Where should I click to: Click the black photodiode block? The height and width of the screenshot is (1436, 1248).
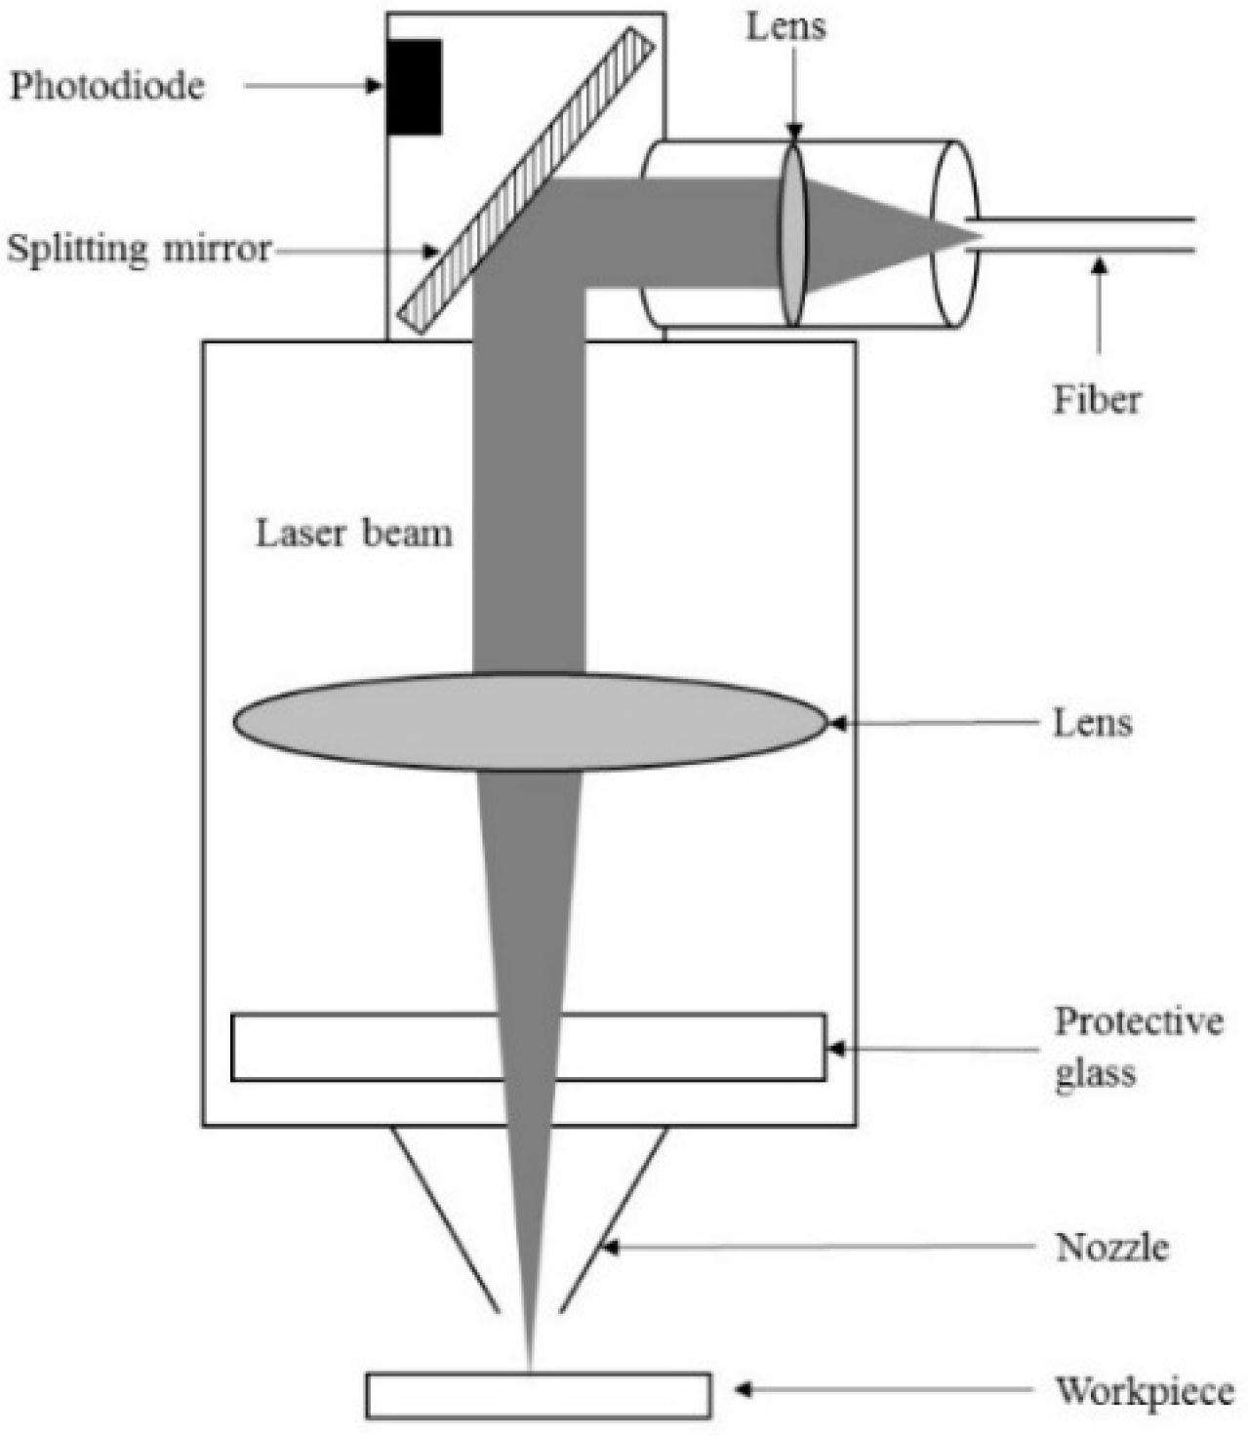(414, 87)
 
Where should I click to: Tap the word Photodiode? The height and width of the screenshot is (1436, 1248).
(107, 87)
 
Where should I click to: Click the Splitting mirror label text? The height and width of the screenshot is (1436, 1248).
(139, 249)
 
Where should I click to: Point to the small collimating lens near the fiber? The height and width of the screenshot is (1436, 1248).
(794, 235)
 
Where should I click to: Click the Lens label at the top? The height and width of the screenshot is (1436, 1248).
(785, 26)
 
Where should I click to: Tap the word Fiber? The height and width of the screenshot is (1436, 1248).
(1097, 399)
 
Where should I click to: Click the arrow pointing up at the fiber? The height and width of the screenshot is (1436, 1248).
(1100, 302)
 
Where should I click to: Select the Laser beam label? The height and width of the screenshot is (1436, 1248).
(354, 534)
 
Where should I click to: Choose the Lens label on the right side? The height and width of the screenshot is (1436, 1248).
(1092, 723)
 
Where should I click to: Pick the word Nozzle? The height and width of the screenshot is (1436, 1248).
(1111, 1247)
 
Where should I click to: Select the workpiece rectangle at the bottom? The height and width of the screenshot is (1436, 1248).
(538, 1395)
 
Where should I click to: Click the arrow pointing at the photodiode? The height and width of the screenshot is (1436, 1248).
(312, 86)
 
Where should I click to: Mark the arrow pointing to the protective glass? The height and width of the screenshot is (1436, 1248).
(932, 1050)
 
